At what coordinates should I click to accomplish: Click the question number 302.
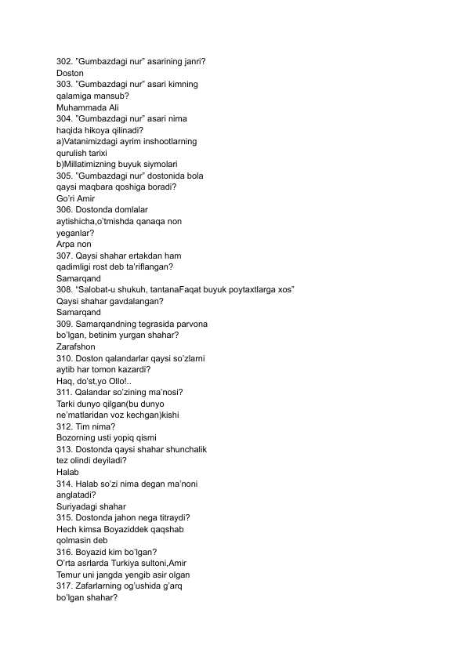pyautogui.click(x=66, y=61)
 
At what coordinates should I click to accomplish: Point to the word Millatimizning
pyautogui.click(x=100, y=165)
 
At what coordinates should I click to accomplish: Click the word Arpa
pyautogui.click(x=67, y=244)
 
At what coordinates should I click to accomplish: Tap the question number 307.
pyautogui.click(x=66, y=256)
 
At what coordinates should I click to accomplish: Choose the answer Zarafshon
pyautogui.click(x=76, y=346)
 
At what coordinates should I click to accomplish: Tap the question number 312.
pyautogui.click(x=66, y=426)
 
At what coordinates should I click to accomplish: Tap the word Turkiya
pyautogui.click(x=133, y=564)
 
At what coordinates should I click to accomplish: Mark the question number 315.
pyautogui.click(x=66, y=517)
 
